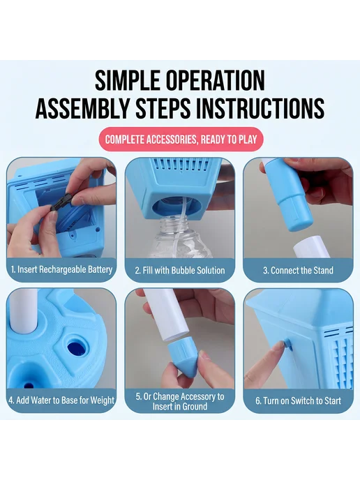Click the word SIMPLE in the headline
coord(128,80)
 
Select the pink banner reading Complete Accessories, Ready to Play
coord(181,140)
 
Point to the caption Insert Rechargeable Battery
coord(61,269)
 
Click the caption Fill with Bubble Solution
coord(180,270)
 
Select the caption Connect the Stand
coord(298,270)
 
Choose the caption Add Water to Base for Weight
coord(61,400)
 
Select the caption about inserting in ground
coord(180,401)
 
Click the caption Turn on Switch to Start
coord(298,400)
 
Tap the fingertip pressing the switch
coord(279,347)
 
